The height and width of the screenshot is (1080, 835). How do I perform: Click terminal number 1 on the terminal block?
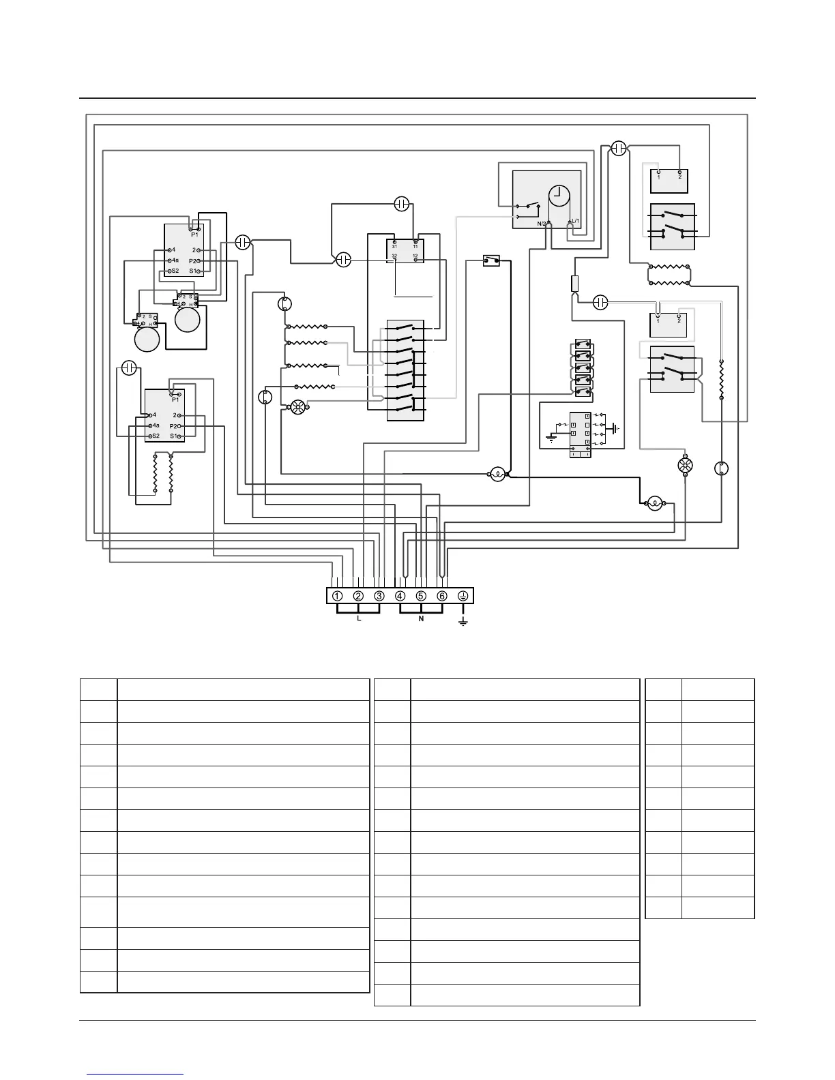coord(338,596)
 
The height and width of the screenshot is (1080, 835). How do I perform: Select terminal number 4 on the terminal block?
coord(400,596)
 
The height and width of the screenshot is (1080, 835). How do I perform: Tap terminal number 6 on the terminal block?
coord(442,596)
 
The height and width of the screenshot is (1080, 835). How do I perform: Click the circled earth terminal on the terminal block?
coord(463,596)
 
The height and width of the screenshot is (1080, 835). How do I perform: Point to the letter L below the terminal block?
coord(359,619)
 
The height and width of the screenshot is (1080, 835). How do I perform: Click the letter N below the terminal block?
coord(421,619)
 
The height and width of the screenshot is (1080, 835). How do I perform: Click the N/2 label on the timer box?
coord(542,223)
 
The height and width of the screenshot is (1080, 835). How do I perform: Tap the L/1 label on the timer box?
coord(574,221)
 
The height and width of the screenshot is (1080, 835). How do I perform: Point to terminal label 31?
coord(394,246)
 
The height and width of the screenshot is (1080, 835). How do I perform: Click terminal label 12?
coord(415,256)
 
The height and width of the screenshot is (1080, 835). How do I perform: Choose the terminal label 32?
coord(394,256)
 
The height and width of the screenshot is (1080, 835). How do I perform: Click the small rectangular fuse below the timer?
coord(574,284)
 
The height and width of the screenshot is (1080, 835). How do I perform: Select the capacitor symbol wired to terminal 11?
coord(401,203)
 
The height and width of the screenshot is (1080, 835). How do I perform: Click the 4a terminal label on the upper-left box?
coord(175,260)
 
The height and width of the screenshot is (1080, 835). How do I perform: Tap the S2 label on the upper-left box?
coord(174,271)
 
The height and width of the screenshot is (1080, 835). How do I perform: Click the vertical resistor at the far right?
coord(722,379)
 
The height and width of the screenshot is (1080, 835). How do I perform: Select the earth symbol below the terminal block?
coord(463,622)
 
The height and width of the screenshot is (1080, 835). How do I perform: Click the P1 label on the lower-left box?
coord(175,400)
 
